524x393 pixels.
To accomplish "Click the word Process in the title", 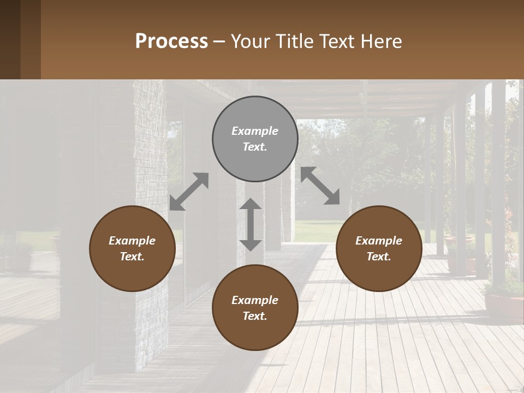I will tap(171, 41).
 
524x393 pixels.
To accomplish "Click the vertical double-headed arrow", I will tap(251, 224).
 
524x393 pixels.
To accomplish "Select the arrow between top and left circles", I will tap(189, 192).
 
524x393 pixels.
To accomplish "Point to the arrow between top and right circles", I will tap(320, 186).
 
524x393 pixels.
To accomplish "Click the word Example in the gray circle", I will tap(255, 131).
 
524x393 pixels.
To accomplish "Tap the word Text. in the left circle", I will tap(132, 257).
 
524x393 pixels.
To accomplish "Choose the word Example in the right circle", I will tap(379, 241).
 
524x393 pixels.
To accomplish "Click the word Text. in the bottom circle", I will tap(255, 316).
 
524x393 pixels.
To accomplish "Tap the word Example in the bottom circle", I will tap(255, 300).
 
